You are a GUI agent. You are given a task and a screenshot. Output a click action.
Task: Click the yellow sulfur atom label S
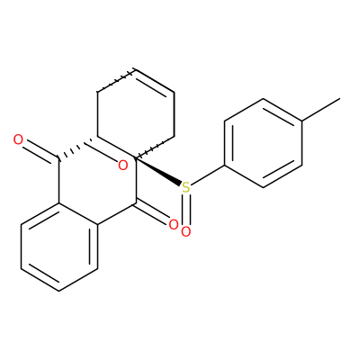pyautogui.click(x=186, y=188)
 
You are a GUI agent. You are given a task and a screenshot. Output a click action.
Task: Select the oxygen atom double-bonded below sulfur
pyautogui.click(x=186, y=232)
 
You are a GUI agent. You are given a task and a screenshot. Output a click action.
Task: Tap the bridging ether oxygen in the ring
pyautogui.click(x=123, y=166)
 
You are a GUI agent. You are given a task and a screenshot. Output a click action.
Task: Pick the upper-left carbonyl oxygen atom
pyautogui.click(x=18, y=139)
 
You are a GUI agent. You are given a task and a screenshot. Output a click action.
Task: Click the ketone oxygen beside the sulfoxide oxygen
pyautogui.click(x=174, y=225)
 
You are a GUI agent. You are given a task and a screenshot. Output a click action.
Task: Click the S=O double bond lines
pyautogui.click(x=186, y=210)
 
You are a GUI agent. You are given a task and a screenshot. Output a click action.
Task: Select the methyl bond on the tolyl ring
pyautogui.click(x=321, y=110)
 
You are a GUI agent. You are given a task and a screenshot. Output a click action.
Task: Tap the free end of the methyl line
pyautogui.click(x=340, y=98)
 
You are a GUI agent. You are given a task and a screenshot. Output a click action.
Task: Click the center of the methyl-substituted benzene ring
pyautogui.click(x=263, y=143)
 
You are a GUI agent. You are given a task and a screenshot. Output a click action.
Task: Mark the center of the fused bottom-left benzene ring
pyautogui.click(x=59, y=247)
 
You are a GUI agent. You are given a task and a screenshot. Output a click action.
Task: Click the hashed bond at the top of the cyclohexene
pyautogui.click(x=116, y=80)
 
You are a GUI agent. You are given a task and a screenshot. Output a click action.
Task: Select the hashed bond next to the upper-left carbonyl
pyautogui.click(x=73, y=149)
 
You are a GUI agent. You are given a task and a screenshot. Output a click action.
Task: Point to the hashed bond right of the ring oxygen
pyautogui.click(x=154, y=147)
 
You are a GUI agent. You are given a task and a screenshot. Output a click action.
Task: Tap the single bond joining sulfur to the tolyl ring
pyautogui.click(x=208, y=175)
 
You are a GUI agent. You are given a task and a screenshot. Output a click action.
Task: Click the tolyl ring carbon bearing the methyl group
pyautogui.click(x=301, y=121)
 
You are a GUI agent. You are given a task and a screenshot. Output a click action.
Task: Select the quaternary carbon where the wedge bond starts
pyautogui.click(x=136, y=157)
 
